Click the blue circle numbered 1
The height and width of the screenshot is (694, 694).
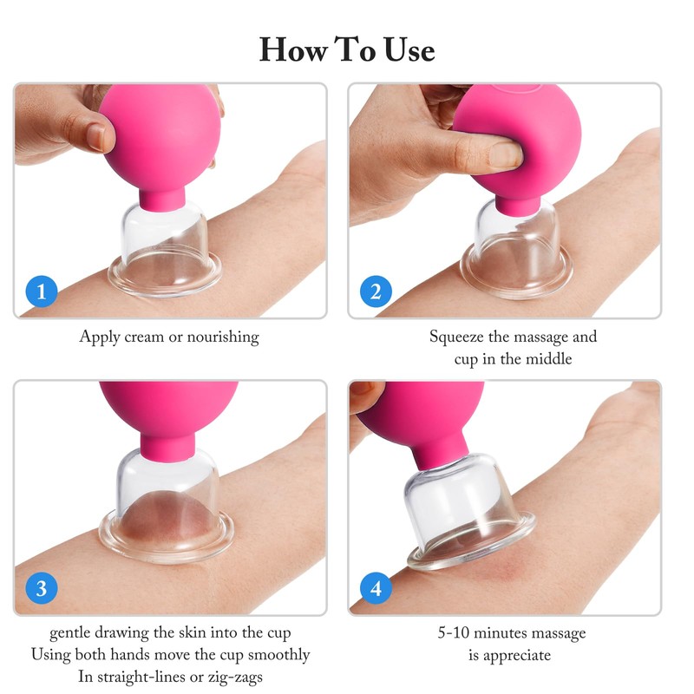coord(42,291)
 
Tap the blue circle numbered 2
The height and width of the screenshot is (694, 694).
coord(376,291)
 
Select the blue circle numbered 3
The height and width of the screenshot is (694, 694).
coord(42,588)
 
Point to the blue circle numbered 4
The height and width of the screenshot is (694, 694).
coord(376,588)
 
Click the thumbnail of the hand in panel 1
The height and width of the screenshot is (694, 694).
coord(97,137)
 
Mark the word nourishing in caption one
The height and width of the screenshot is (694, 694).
coord(218,337)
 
